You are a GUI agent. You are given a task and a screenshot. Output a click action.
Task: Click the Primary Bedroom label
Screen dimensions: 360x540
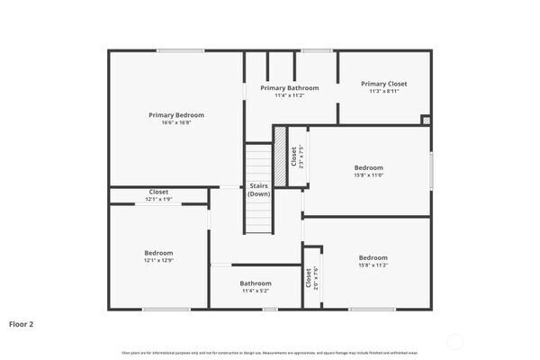pos(176,115)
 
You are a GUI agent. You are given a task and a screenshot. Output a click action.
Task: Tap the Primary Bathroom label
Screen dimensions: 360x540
pos(290,88)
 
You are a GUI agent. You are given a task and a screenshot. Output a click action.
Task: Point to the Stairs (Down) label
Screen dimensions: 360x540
pos(259,189)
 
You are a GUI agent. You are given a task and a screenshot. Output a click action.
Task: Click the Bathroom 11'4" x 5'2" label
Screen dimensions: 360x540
pos(256,283)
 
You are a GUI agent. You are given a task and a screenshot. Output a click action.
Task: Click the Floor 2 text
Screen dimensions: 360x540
pos(22,322)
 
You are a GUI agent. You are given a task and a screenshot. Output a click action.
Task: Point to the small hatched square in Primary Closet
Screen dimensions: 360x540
pos(426,119)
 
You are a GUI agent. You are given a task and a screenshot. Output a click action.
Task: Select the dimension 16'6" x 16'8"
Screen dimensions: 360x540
pos(176,123)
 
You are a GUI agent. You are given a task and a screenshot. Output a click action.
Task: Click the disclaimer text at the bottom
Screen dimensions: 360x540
pos(270,352)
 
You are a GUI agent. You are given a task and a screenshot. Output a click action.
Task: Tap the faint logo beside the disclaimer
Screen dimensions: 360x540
pos(456,343)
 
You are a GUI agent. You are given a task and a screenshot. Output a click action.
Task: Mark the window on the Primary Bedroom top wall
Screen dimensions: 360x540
pos(176,50)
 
